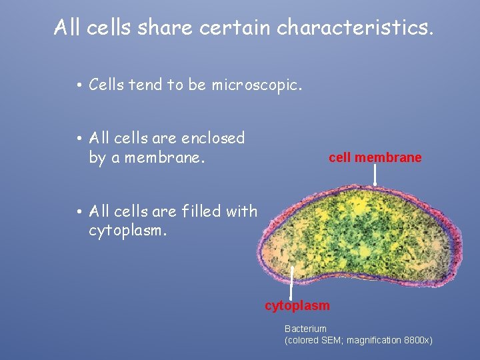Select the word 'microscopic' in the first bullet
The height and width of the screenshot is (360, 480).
(257, 85)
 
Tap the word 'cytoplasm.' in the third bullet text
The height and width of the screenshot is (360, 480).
(127, 231)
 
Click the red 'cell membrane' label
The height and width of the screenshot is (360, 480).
(375, 158)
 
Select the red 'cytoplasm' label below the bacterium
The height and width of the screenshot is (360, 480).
(297, 306)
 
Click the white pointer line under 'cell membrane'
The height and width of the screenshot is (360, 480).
(375, 175)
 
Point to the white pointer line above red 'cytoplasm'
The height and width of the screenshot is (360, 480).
(292, 283)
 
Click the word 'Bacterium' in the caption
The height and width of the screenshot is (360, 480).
(305, 329)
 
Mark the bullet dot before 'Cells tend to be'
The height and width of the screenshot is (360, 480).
(79, 85)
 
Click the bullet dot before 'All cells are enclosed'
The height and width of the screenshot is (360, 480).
(79, 139)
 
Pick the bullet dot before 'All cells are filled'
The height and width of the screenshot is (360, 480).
(79, 212)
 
